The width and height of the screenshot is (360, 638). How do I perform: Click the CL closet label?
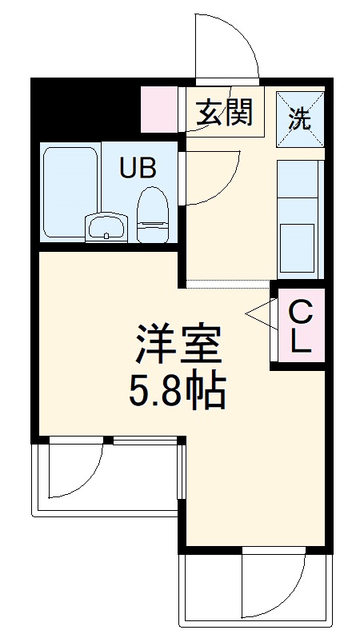[301, 325]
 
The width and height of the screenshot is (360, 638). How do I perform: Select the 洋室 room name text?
[178, 345]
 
